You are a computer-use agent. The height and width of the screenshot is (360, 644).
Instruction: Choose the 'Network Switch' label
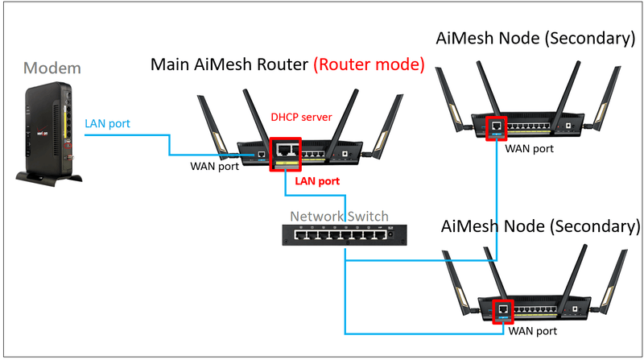339,216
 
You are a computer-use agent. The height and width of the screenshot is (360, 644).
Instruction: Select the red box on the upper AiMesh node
497,126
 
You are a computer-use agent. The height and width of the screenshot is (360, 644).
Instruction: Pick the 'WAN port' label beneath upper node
529,148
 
